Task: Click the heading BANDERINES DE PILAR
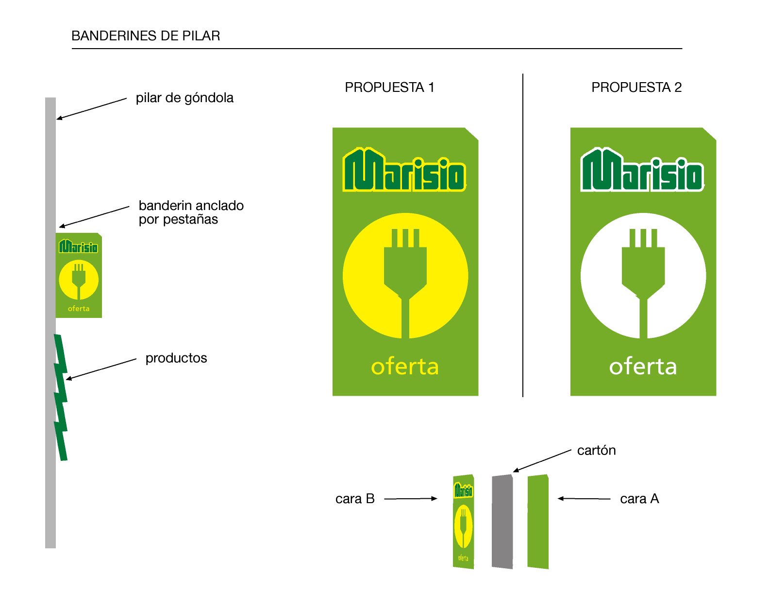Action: [146, 36]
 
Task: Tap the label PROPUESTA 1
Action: [389, 87]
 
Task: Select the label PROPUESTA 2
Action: [636, 87]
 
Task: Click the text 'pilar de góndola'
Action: [184, 98]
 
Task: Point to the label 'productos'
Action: [176, 358]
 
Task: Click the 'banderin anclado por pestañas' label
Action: [191, 212]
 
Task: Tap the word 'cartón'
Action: [596, 451]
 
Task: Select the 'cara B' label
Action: [355, 499]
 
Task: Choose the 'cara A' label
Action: [639, 499]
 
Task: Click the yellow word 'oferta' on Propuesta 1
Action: [405, 367]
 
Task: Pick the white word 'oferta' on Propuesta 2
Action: [643, 367]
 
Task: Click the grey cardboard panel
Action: [502, 521]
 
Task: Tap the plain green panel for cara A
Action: [538, 521]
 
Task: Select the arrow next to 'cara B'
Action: [411, 498]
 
